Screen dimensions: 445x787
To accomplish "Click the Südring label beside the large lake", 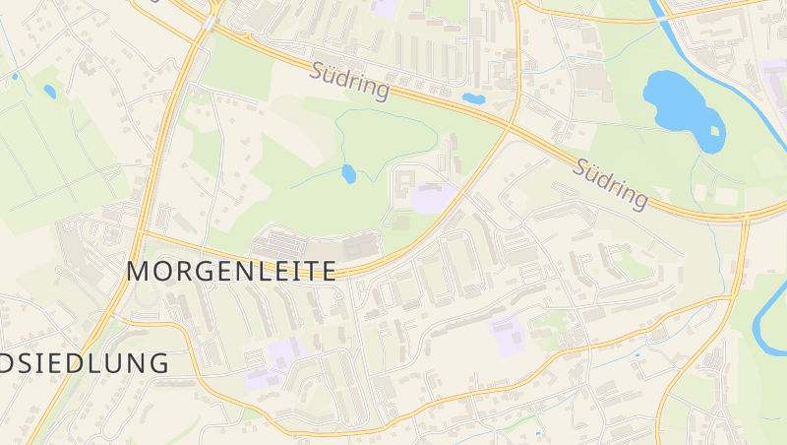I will click(x=612, y=183).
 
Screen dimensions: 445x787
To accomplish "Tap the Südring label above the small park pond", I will click(x=349, y=82).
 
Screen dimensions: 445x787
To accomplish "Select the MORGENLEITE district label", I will click(x=232, y=271).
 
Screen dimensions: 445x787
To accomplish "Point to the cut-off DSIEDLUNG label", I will click(x=85, y=362).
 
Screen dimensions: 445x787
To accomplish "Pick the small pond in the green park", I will click(x=348, y=174).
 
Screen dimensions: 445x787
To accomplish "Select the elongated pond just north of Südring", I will click(x=473, y=98).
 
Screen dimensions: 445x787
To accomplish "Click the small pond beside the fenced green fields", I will click(x=49, y=92).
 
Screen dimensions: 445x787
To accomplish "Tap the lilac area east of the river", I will click(x=773, y=74).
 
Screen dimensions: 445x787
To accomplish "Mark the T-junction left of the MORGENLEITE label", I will click(x=141, y=234).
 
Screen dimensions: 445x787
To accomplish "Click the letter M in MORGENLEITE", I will click(x=141, y=271).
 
